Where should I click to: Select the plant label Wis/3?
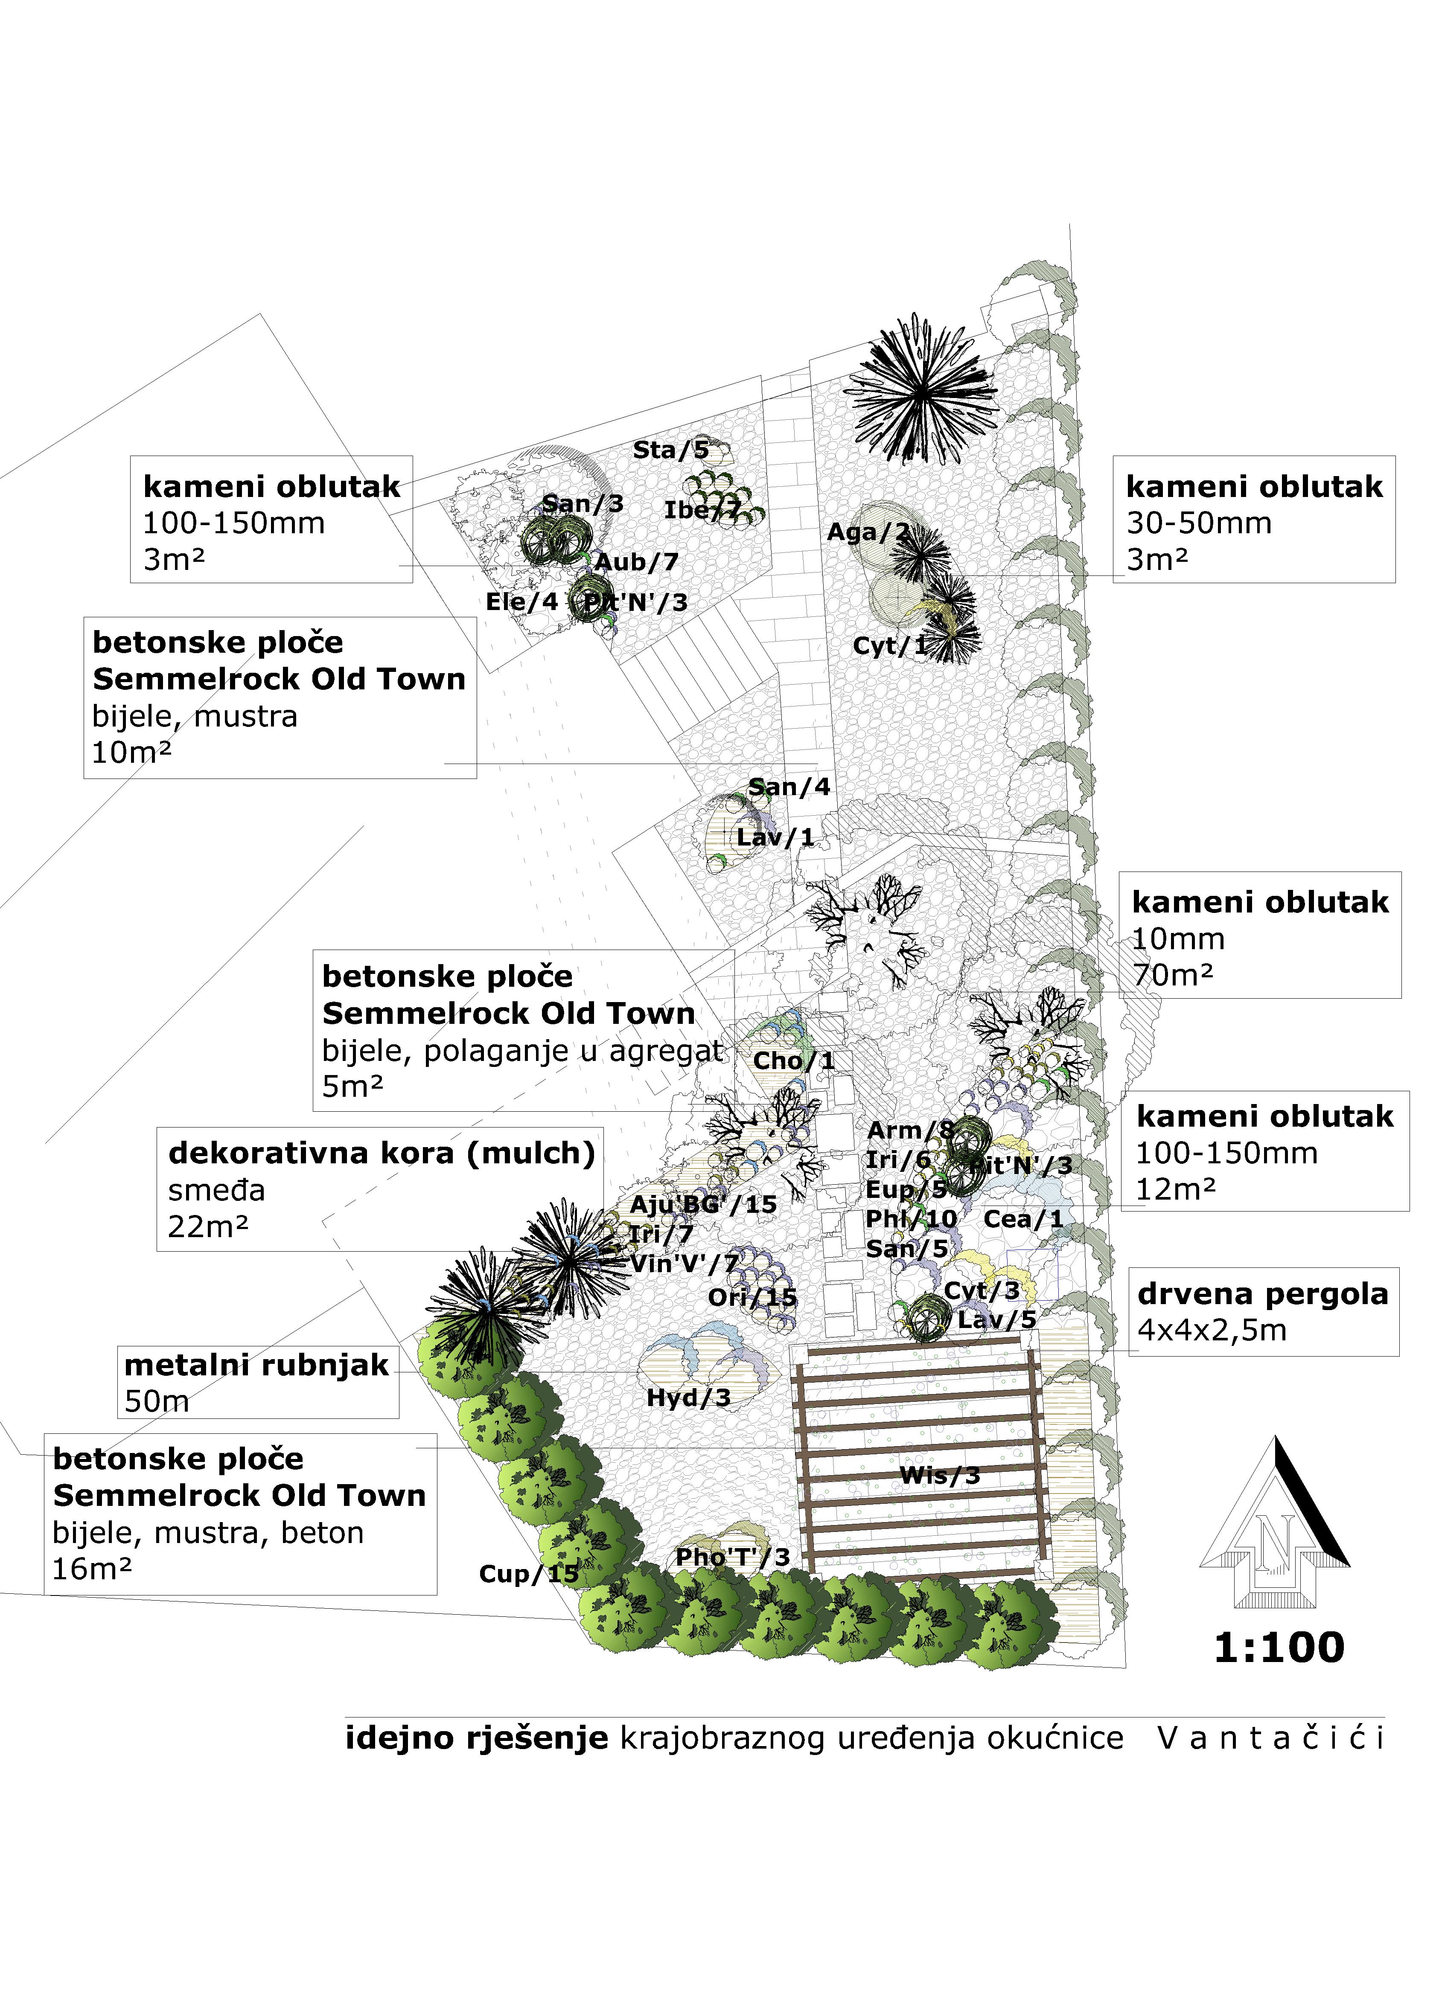pos(940,1475)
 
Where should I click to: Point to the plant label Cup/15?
pos(528,1573)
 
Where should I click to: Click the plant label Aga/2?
pos(868,532)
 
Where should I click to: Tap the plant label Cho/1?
pos(793,1061)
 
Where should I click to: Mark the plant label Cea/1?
pos(1023,1219)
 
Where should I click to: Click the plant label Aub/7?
pos(636,561)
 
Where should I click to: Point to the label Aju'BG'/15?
pos(703,1204)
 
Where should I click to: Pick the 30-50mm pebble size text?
pos(1198,523)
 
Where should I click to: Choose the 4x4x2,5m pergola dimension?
pos(1212,1330)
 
